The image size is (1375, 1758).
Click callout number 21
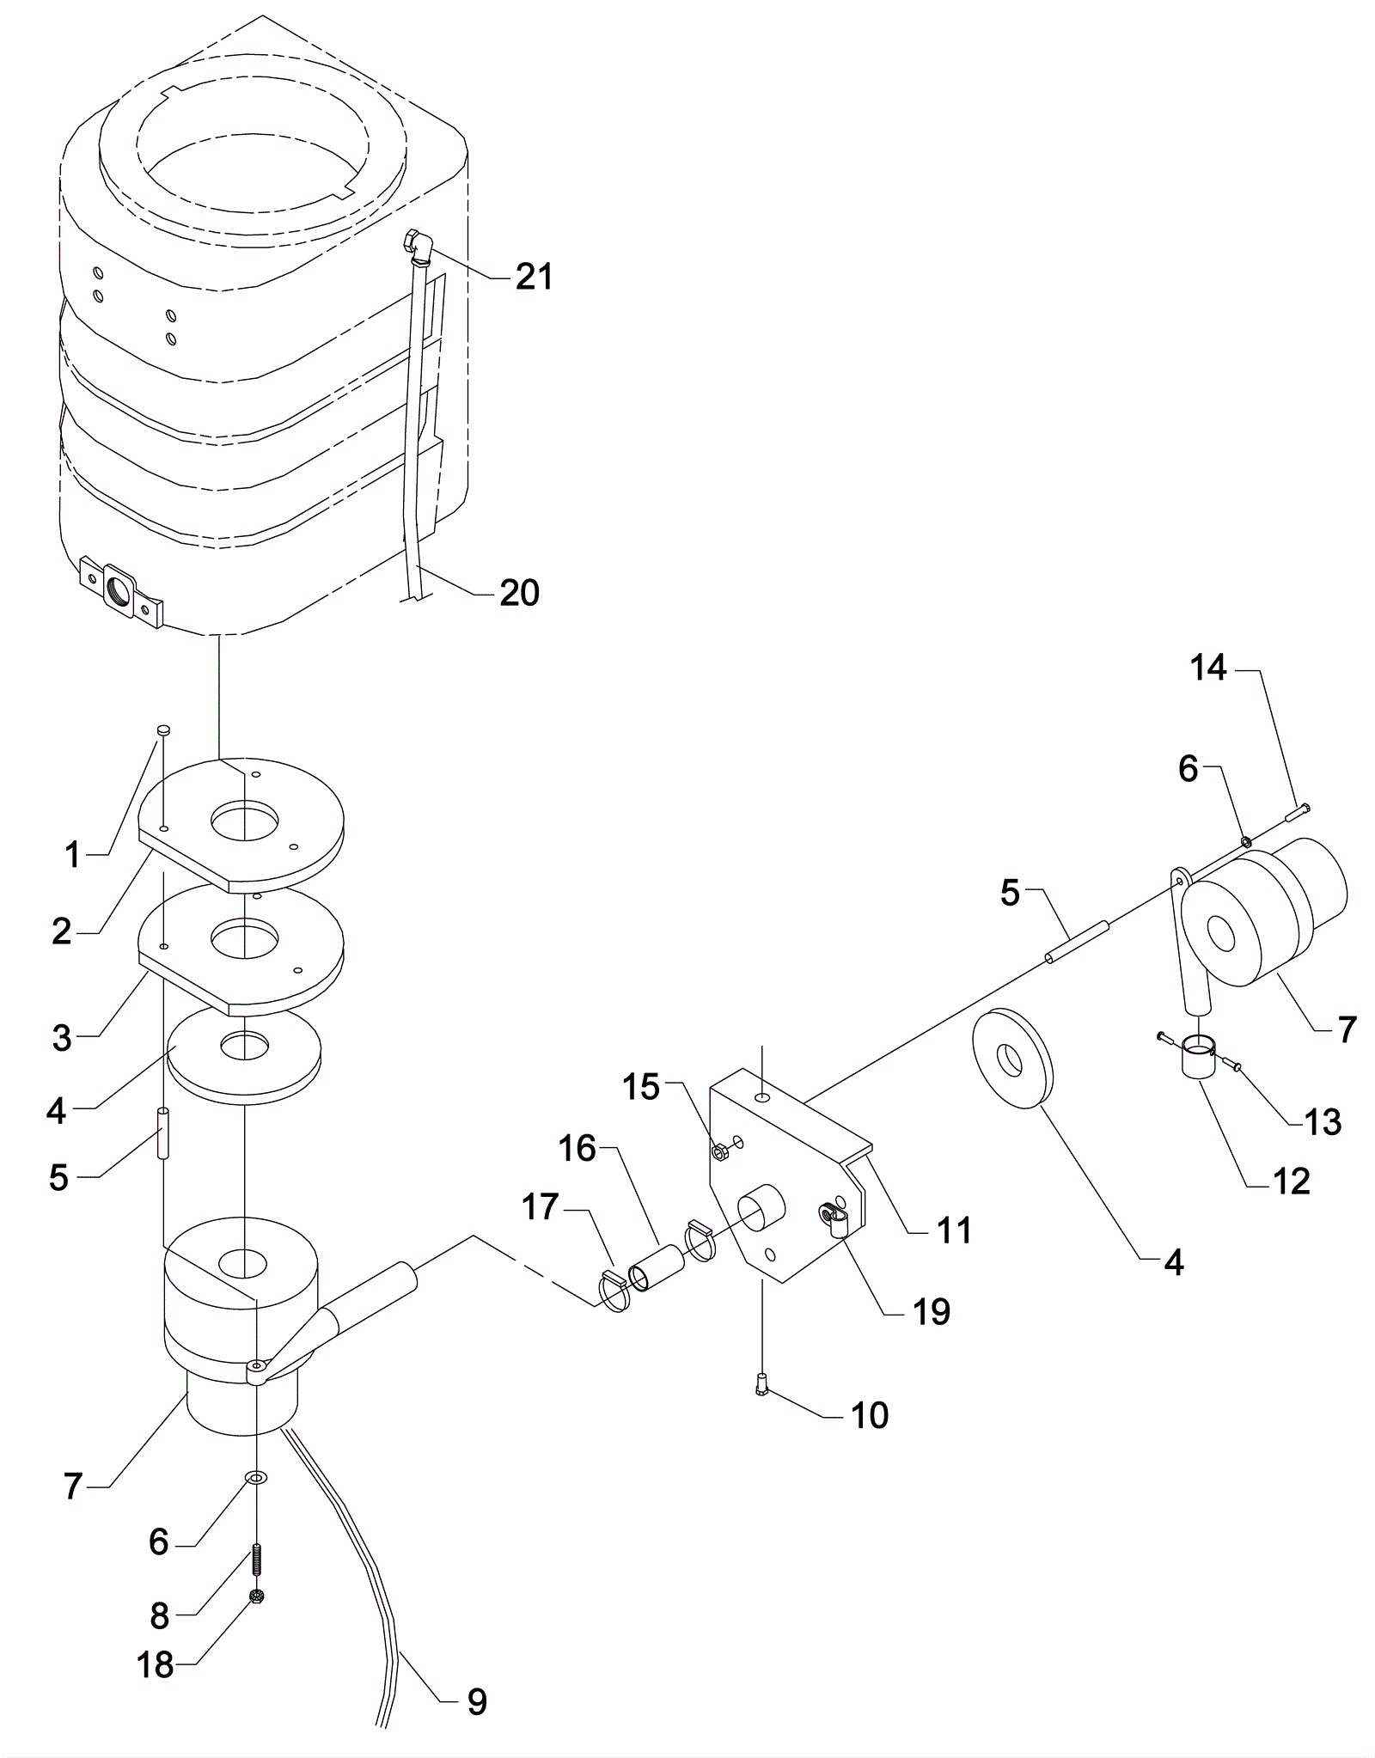pos(534,277)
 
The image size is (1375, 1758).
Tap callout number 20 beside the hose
pos(520,593)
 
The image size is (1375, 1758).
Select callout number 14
pos(1207,668)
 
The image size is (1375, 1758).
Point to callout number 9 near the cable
pos(477,1701)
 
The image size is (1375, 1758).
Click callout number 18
pos(156,1666)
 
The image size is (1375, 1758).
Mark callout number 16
pos(577,1148)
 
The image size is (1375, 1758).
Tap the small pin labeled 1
pos(163,729)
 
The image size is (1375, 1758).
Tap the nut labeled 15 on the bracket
pos(722,1151)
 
